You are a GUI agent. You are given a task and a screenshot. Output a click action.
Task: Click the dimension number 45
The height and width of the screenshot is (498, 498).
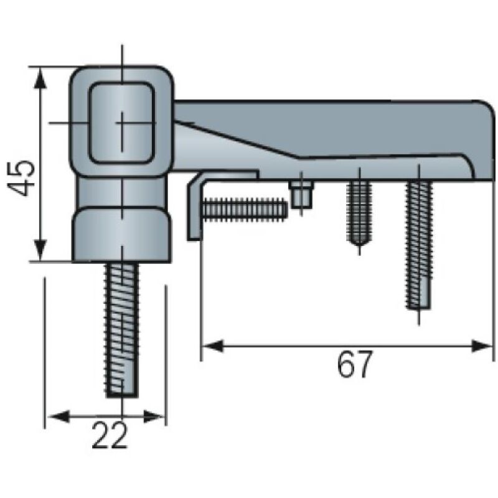click(x=21, y=178)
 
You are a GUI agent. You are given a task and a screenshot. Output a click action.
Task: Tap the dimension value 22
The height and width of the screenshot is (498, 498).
click(x=110, y=435)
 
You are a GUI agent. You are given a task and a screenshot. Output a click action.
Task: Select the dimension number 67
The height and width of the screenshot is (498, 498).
click(x=354, y=364)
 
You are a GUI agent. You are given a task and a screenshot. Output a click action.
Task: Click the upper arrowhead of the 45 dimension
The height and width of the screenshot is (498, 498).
click(x=39, y=78)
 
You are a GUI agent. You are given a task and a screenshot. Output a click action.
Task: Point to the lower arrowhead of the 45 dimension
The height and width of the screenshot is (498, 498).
click(x=39, y=250)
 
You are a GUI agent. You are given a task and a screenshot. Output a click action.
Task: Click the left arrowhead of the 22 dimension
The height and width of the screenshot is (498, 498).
click(x=58, y=416)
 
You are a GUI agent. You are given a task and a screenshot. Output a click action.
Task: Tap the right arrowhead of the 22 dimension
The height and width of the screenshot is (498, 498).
click(x=154, y=416)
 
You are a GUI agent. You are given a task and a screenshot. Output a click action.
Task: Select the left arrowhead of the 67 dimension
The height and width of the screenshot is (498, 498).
click(x=213, y=346)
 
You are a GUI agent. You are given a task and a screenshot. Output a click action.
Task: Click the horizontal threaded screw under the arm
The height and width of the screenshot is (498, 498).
click(x=245, y=209)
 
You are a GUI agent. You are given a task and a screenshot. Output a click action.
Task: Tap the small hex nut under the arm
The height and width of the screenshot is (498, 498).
click(x=301, y=195)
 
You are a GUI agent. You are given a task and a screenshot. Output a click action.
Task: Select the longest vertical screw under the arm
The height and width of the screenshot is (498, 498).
click(x=419, y=245)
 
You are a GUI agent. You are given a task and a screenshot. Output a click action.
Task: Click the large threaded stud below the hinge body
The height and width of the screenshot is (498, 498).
click(x=122, y=331)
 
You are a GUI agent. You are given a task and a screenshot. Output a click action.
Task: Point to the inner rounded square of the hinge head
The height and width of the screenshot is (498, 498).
click(x=122, y=123)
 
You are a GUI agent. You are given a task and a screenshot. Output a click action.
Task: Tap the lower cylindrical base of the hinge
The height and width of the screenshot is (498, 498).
click(x=122, y=235)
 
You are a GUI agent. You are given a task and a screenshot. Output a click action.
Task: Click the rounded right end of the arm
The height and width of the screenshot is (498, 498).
click(x=483, y=139)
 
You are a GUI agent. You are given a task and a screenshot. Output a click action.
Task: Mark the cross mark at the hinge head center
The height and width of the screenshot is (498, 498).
click(x=122, y=123)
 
